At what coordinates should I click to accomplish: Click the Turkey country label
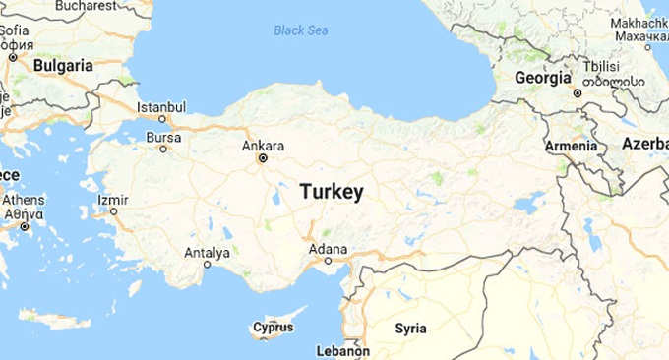click(332, 192)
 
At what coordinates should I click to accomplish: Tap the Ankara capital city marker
click(262, 157)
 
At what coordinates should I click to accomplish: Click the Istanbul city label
click(161, 106)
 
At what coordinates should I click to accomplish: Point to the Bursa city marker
click(163, 149)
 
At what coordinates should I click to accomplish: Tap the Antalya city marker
click(208, 264)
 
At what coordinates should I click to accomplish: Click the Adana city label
click(328, 248)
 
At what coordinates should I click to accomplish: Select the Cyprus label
click(274, 327)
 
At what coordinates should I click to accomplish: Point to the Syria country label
click(410, 328)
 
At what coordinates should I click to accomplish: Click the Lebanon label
click(342, 351)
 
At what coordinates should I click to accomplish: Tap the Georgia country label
click(542, 77)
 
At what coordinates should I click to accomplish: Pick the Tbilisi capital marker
click(578, 92)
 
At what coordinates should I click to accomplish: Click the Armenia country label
click(571, 147)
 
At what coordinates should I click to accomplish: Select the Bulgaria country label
click(63, 65)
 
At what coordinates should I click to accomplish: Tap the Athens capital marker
click(25, 226)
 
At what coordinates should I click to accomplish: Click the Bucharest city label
click(86, 6)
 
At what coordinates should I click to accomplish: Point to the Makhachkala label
click(639, 23)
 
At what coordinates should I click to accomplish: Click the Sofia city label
click(14, 30)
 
